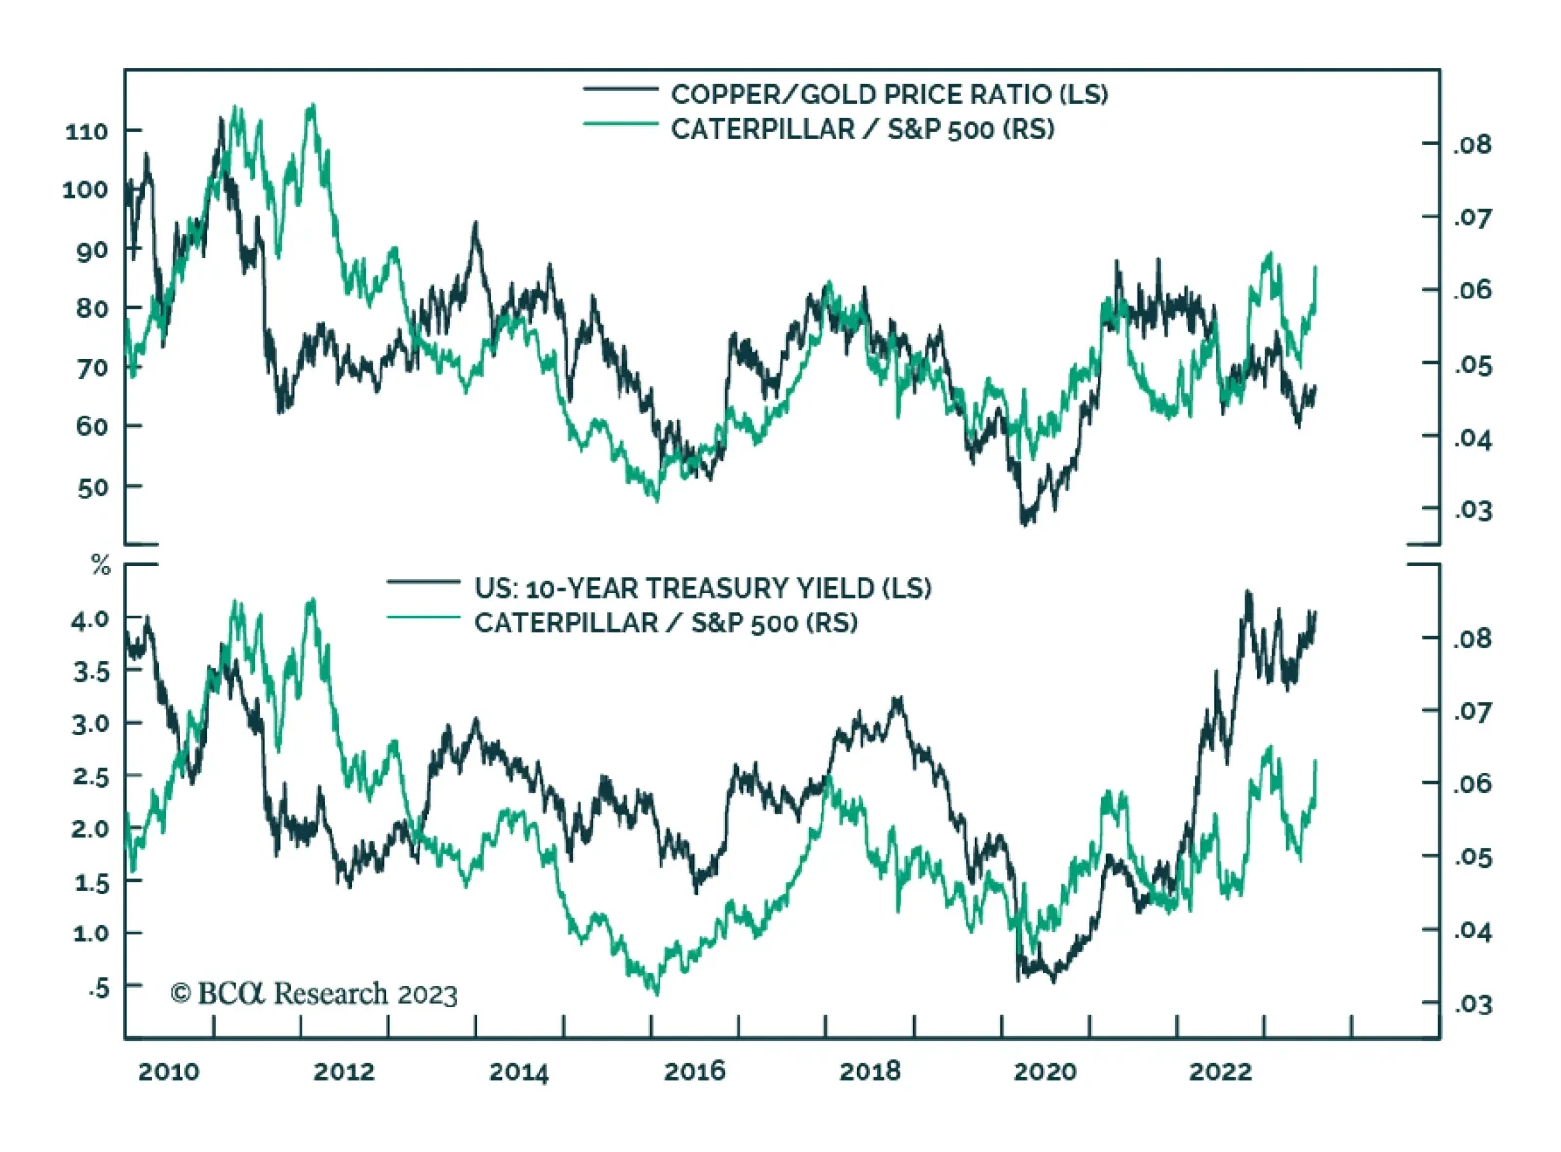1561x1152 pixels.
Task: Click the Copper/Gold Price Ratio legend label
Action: [889, 95]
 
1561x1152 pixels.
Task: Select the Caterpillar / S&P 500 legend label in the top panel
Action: [862, 129]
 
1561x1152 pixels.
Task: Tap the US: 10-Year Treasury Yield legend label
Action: [702, 588]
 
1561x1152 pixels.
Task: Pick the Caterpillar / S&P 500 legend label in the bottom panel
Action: [665, 622]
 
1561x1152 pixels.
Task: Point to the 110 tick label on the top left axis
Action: [87, 131]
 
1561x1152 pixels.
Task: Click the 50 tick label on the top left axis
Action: [93, 487]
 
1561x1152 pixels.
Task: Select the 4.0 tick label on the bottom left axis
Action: [90, 619]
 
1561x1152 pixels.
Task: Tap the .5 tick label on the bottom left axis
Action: [99, 988]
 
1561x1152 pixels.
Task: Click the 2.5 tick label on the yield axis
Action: [90, 777]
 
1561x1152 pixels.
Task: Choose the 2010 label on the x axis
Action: [169, 1072]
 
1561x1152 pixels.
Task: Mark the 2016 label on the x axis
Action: [695, 1072]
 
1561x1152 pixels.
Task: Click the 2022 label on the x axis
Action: [1221, 1072]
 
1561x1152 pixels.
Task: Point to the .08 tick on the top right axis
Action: [1472, 145]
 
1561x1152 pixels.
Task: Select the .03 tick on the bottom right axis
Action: [1472, 1005]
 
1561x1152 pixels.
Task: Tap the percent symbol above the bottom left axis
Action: [100, 565]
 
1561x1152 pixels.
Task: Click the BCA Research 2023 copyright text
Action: [313, 994]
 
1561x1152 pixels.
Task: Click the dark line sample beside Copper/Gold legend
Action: [620, 90]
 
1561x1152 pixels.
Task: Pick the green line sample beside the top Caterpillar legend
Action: [620, 124]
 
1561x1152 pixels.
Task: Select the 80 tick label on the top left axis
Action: [93, 308]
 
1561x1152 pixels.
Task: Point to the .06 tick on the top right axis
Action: [1472, 291]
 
